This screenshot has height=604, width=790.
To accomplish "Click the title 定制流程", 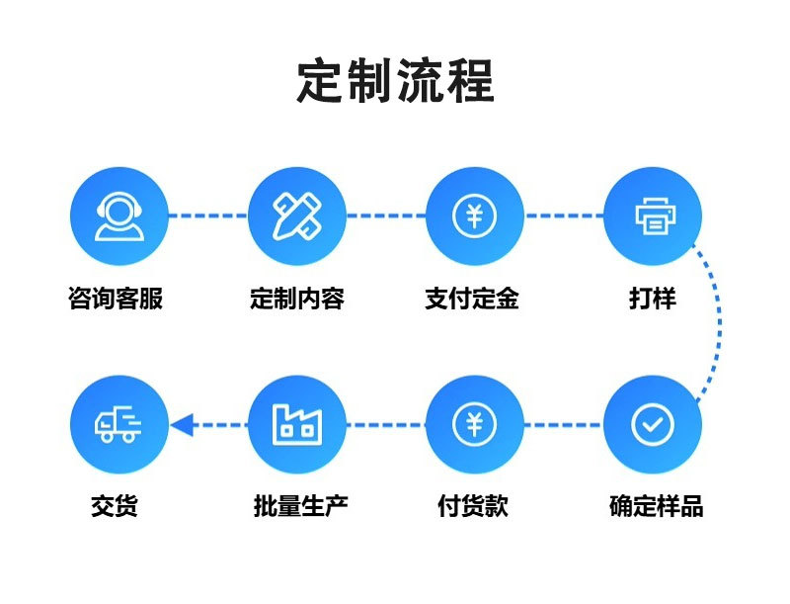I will coord(395,82).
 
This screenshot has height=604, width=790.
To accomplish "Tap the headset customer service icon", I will coord(118,215).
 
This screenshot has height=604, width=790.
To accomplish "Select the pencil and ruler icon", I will coord(296,215).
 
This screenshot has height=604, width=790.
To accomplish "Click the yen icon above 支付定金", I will coord(474,215).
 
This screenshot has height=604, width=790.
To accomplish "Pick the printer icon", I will coord(652,215).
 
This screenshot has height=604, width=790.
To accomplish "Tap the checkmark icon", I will coord(652,424).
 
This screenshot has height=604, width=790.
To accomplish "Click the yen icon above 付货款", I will coord(474,424).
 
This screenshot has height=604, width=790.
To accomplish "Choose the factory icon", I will coord(296,424).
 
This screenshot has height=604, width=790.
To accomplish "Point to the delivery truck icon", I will coord(118,424).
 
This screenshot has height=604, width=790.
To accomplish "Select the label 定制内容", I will coord(297,299).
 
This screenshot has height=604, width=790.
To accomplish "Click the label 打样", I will coord(653,299).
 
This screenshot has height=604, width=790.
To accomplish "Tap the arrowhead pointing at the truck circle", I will coord(180,425).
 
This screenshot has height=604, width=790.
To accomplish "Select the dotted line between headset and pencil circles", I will coord(207,215).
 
